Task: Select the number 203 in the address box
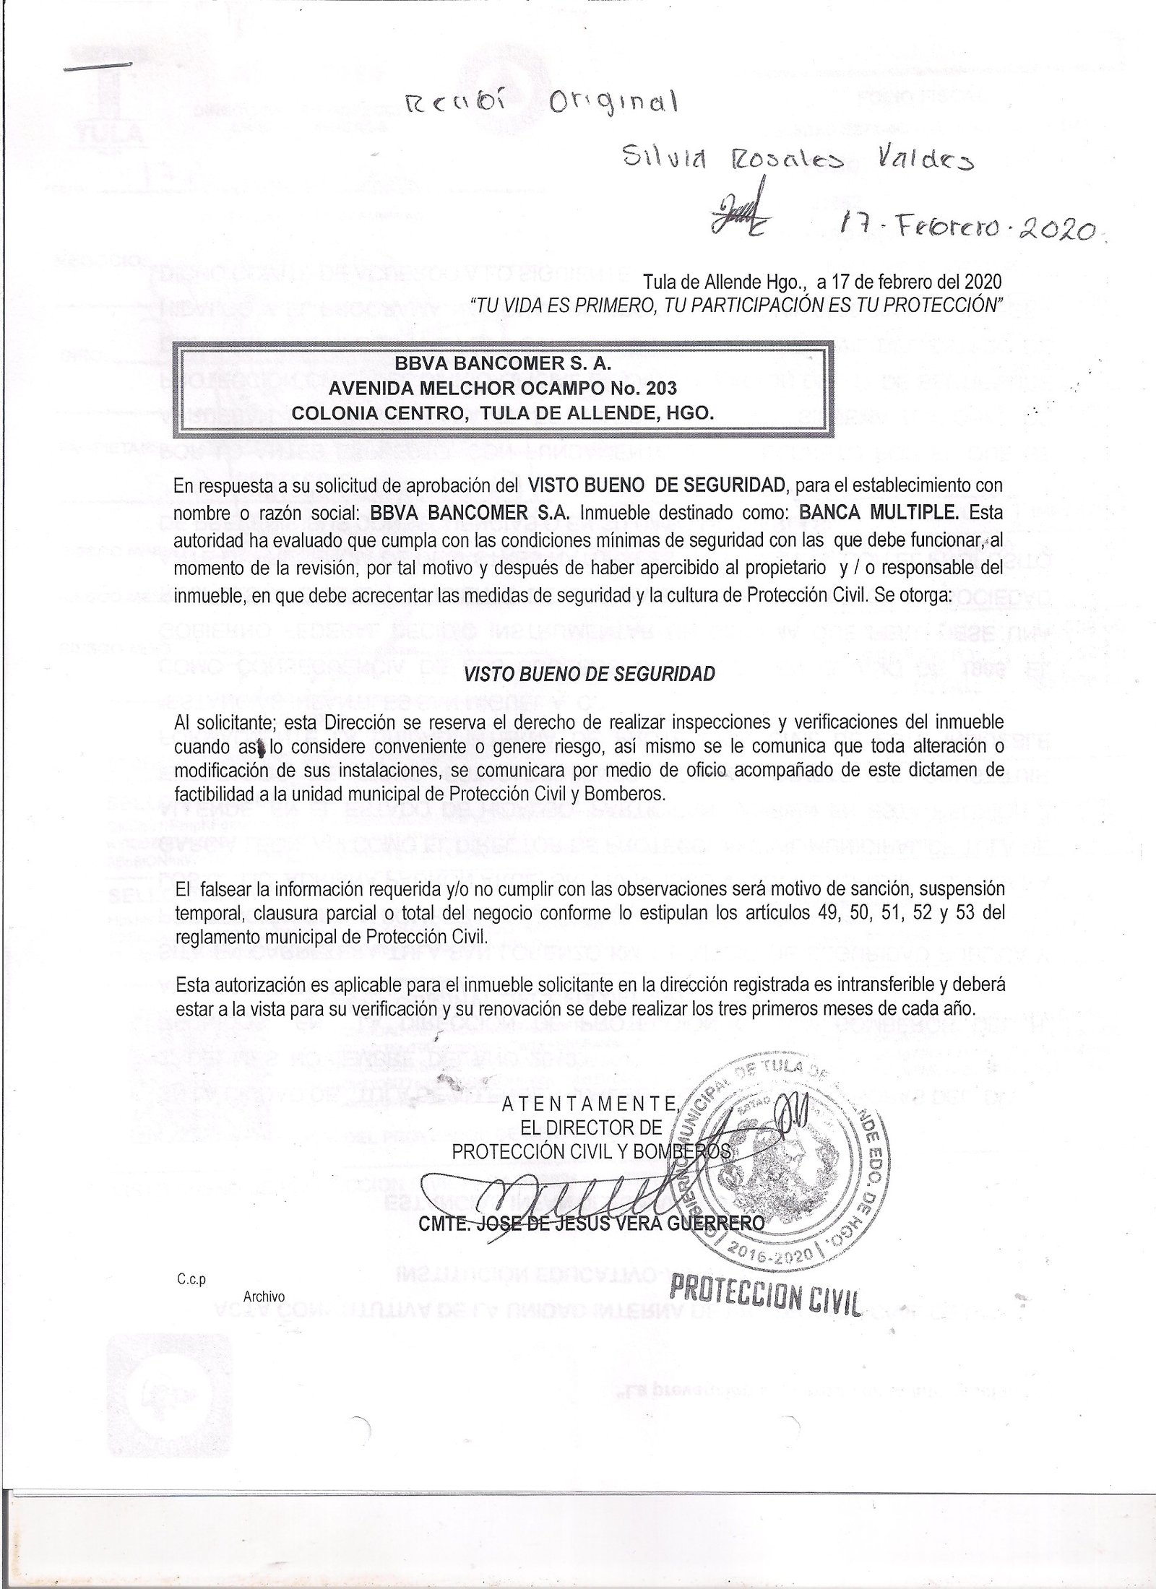click(661, 389)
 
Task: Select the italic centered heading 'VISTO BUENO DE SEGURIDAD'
click(589, 673)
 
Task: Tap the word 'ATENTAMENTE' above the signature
click(590, 1103)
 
